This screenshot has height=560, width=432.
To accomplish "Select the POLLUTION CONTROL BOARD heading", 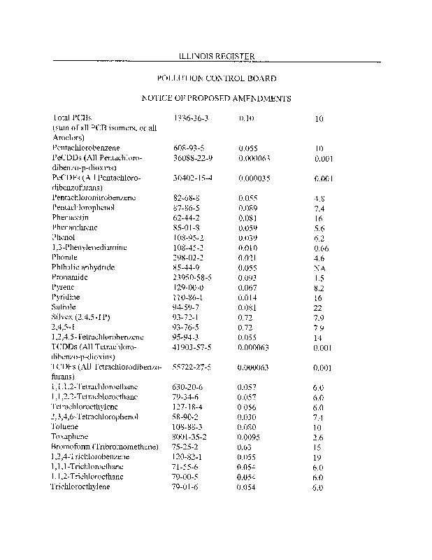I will pos(216,78).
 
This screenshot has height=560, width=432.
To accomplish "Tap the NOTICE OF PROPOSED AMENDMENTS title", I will pos(216,99).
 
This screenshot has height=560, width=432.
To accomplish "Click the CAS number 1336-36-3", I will pos(191,119).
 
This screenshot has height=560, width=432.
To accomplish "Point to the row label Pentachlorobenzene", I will pos(85,148).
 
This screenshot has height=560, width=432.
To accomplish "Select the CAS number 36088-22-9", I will pos(193,158).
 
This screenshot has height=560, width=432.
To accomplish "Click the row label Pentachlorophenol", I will pos(84,207).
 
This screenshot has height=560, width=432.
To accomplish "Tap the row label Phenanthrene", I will pos(75,227).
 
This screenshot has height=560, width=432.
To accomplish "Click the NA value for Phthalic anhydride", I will pos(318,268).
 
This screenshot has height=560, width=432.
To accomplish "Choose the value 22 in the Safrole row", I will pos(318,308).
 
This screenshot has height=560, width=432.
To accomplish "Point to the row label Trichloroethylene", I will pos(80,486).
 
